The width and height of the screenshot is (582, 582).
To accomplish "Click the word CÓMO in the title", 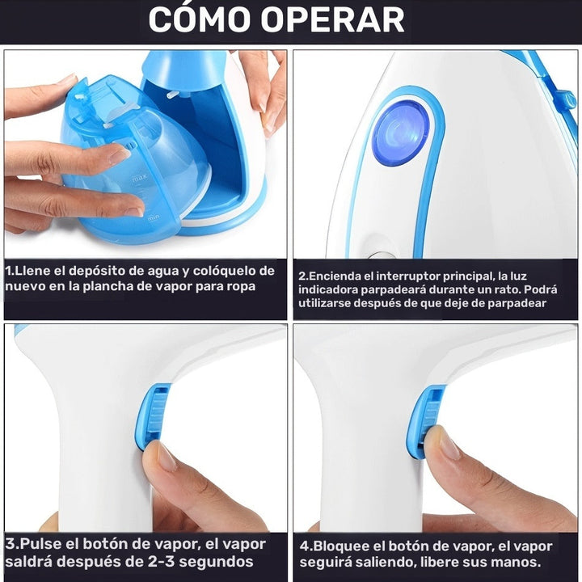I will (x=200, y=19).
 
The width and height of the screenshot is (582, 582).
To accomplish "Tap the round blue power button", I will (x=401, y=134).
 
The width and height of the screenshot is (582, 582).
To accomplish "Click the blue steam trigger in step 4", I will (x=428, y=421).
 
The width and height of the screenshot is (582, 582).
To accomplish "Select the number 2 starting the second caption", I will (x=301, y=276).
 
